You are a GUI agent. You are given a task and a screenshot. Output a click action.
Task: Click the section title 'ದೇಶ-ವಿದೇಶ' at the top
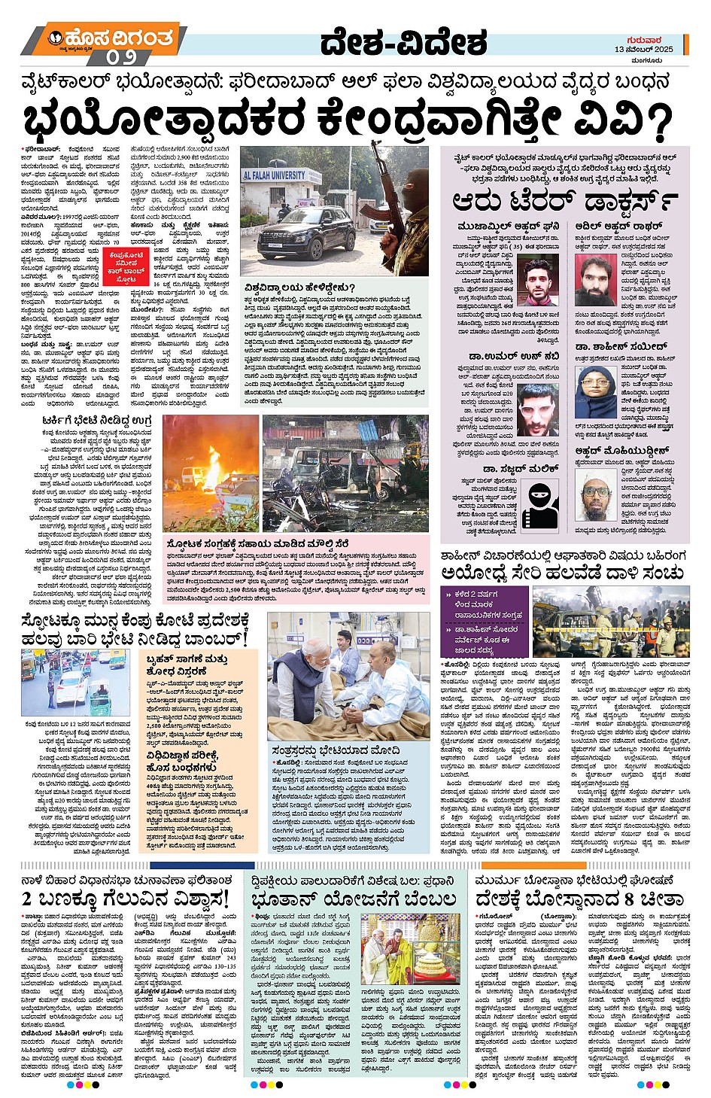click(x=404, y=43)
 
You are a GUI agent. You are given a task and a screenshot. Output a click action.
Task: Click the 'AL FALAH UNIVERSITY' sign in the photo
click(x=274, y=175)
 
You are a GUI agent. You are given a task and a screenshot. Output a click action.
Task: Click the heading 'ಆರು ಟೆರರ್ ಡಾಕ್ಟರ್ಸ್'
click(x=564, y=201)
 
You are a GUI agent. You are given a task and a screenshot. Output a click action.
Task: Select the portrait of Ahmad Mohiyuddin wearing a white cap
click(x=595, y=494)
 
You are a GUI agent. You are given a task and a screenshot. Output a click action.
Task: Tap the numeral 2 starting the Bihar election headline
click(x=27, y=899)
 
